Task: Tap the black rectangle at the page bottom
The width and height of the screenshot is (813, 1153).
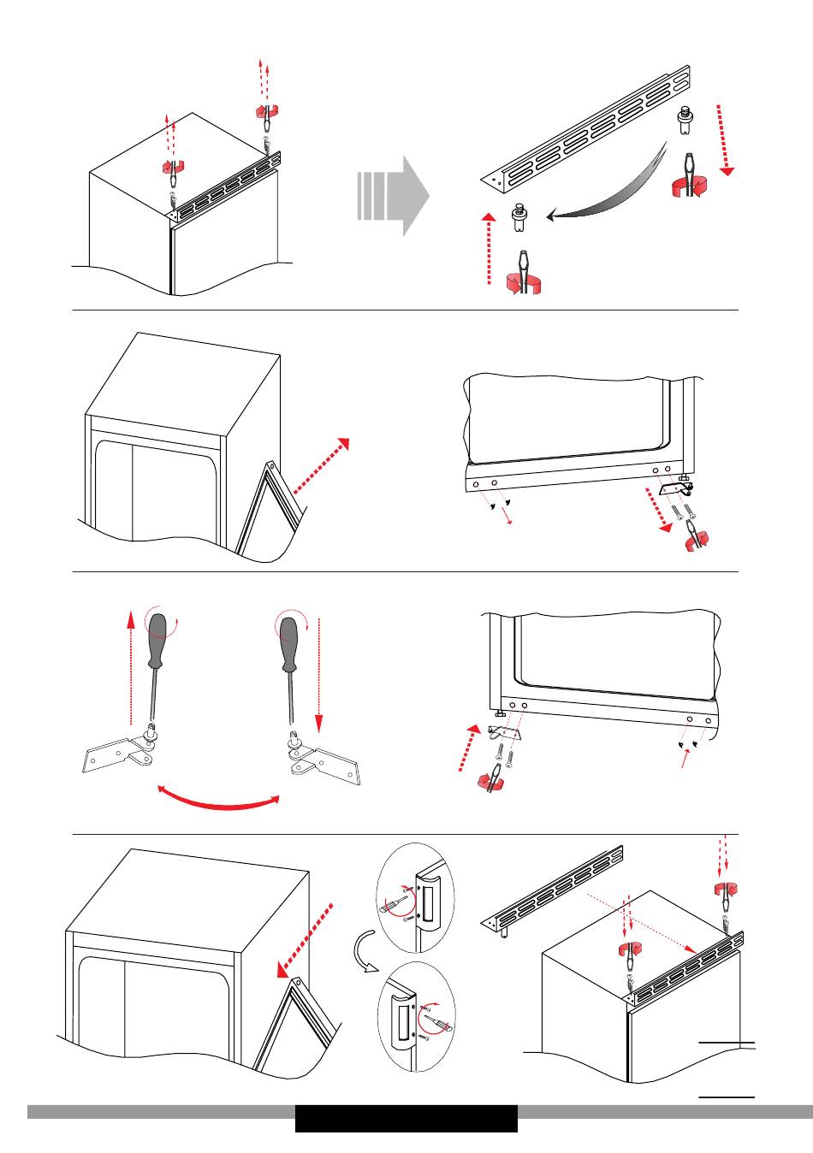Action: [406, 1118]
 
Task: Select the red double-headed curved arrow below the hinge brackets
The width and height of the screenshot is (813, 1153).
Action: [221, 798]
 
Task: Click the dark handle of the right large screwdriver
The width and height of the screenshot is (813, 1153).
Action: [289, 641]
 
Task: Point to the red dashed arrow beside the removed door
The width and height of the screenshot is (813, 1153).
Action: [322, 466]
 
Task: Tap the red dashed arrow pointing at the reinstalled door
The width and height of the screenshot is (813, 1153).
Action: [303, 941]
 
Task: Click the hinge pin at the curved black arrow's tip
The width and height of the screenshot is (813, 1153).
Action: [519, 217]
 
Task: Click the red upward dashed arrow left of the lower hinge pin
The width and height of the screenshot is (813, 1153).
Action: [488, 249]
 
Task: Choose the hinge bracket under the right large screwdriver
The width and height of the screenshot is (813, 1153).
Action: [326, 760]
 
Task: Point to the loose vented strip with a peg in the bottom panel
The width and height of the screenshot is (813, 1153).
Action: [552, 890]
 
